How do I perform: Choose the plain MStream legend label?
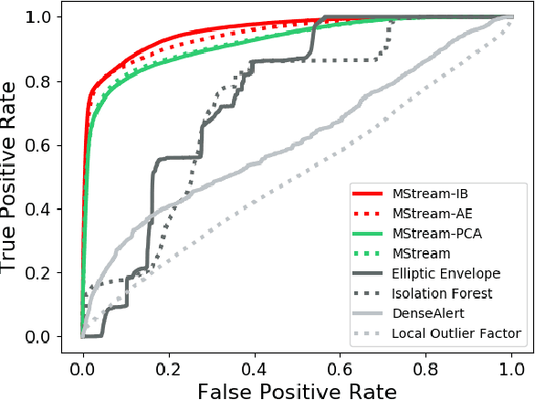(421, 254)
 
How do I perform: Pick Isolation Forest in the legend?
(443, 293)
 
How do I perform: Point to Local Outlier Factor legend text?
(456, 333)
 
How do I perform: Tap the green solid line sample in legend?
(368, 235)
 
